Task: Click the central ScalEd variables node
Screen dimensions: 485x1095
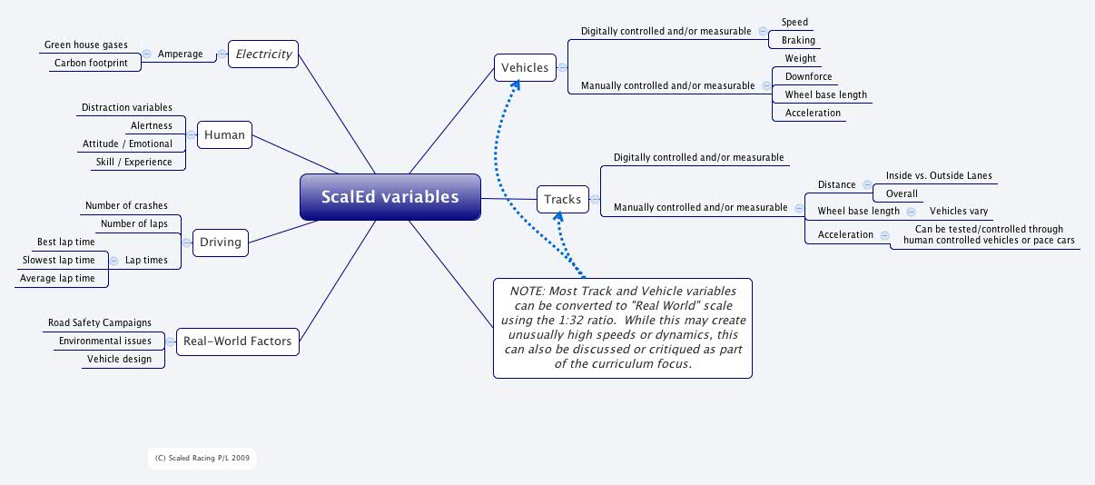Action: click(x=390, y=197)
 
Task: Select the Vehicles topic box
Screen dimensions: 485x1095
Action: click(x=525, y=67)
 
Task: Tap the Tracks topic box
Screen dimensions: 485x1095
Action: click(x=562, y=199)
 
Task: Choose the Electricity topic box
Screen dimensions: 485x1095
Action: click(x=263, y=54)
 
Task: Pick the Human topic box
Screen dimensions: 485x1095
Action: click(x=224, y=134)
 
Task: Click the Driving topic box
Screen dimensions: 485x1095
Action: click(x=221, y=242)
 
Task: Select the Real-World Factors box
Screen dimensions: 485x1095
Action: click(x=237, y=341)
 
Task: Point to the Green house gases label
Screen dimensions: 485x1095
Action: click(x=86, y=45)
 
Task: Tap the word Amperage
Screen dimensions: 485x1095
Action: click(x=180, y=54)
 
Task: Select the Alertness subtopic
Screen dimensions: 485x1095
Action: click(x=152, y=125)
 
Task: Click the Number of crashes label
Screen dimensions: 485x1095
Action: click(x=126, y=205)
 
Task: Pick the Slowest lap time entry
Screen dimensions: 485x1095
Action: click(x=59, y=260)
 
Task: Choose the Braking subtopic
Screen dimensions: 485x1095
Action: click(x=798, y=40)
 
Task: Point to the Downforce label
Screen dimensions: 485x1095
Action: click(x=808, y=76)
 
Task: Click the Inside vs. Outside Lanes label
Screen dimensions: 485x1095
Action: click(x=939, y=175)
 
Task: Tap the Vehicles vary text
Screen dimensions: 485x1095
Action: click(x=959, y=211)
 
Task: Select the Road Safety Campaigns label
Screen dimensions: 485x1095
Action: click(x=100, y=322)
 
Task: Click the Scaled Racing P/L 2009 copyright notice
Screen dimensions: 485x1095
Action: click(x=202, y=459)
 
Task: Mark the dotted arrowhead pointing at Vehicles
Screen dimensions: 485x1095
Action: click(x=515, y=84)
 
